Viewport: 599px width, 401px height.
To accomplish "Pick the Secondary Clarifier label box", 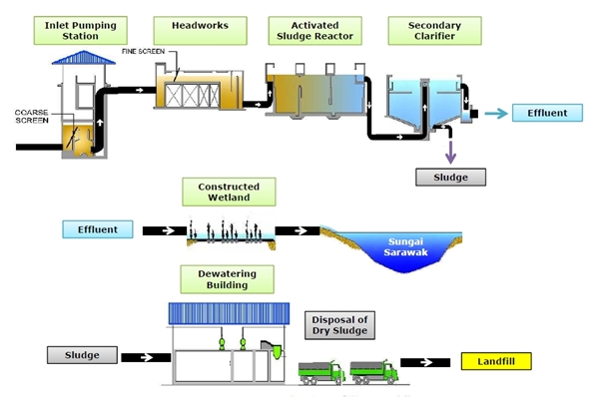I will pos(420,30).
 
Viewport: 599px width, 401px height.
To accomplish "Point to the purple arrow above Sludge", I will pos(450,151).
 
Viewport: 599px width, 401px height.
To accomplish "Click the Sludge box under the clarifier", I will pos(450,178).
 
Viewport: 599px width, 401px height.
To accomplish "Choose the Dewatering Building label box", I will pos(229,279).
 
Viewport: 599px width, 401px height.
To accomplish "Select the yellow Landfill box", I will pos(497,360).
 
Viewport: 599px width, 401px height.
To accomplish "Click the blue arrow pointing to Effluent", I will pos(494,113).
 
